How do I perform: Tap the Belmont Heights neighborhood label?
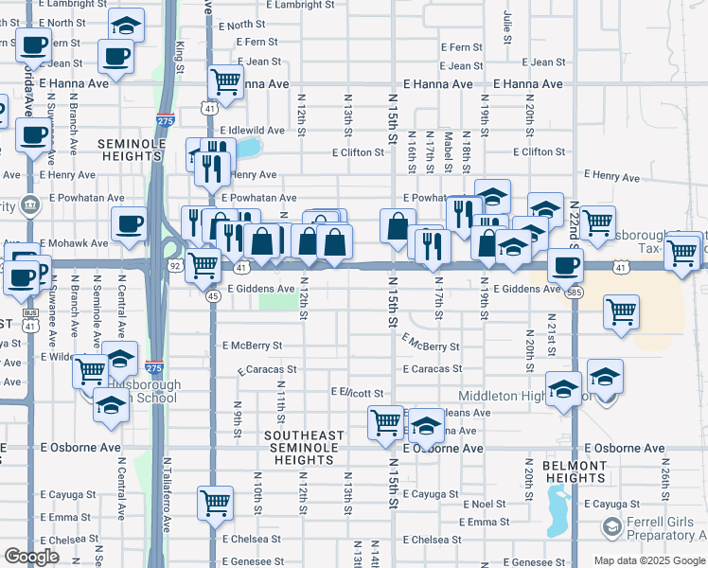coord(574,472)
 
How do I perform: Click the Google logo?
coord(31,557)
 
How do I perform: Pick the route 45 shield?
coord(214,296)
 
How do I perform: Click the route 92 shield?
coord(174,267)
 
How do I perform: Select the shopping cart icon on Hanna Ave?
coord(225,82)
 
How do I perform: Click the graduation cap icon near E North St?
coord(125,25)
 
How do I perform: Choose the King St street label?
coord(179,52)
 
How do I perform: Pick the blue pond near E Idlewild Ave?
coord(248,148)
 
